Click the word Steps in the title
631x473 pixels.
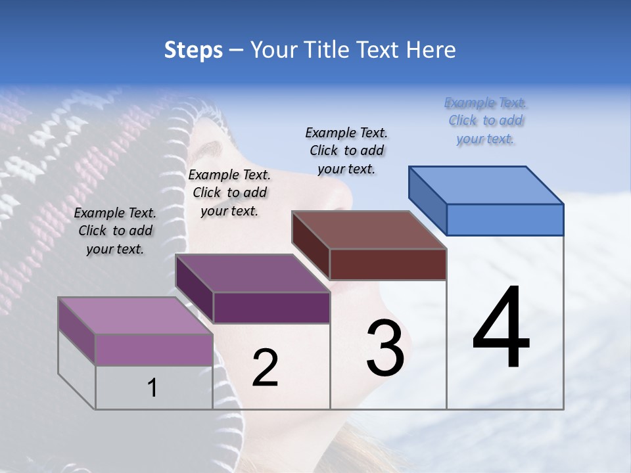tap(193, 50)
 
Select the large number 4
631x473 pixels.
tap(501, 328)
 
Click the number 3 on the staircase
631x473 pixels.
tap(385, 348)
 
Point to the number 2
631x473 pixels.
tap(265, 368)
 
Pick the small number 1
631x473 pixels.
tap(152, 388)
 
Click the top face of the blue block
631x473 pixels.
tap(486, 185)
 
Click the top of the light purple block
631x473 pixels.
tap(135, 315)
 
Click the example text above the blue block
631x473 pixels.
tap(486, 120)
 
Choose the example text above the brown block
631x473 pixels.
tap(346, 150)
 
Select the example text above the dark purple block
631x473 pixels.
tap(229, 192)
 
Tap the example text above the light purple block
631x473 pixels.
tap(115, 231)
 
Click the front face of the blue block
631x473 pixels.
tap(505, 219)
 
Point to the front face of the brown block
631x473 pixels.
tap(388, 264)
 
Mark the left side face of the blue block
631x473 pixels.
tap(427, 197)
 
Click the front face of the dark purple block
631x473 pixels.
tap(271, 307)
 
